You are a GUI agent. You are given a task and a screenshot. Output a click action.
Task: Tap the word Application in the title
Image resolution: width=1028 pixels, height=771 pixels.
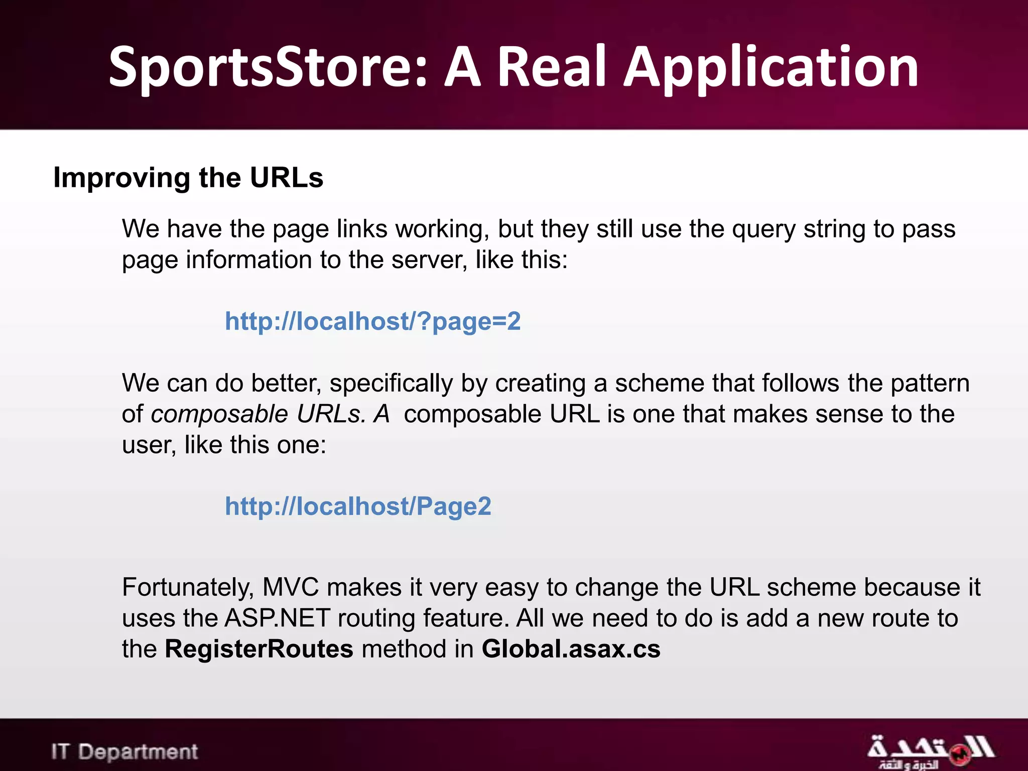coord(770,68)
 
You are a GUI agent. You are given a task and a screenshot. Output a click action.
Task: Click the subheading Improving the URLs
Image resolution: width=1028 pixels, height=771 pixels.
coord(188,178)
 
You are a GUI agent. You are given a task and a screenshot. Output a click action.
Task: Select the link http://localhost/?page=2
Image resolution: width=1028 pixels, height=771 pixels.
coord(372,321)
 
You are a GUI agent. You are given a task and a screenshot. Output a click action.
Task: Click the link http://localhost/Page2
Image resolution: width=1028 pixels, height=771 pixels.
coord(358,506)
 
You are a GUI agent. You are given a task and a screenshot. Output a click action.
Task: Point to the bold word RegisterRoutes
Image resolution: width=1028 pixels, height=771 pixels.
coord(259,649)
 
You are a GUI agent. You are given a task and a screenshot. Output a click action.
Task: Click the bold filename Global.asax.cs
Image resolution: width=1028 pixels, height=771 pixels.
coord(571,649)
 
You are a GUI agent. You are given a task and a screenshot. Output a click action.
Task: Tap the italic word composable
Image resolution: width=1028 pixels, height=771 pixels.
coord(219,415)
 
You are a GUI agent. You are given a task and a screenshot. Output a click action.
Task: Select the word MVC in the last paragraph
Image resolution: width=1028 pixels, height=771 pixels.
coord(290,587)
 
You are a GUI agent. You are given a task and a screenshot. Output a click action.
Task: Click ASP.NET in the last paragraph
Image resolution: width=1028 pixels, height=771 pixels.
coord(277,618)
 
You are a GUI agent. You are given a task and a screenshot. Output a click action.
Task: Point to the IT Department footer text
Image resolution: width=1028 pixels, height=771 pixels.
coord(124,751)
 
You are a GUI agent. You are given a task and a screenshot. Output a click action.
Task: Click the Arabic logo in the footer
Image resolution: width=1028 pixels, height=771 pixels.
coord(930,751)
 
